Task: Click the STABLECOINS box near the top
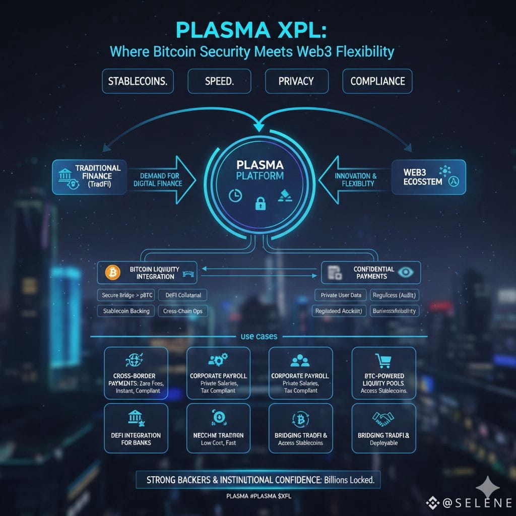[x=138, y=81]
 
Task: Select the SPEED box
[x=219, y=81]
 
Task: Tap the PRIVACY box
[x=296, y=81]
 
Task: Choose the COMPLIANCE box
[x=377, y=81]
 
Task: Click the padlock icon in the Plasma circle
[x=260, y=203]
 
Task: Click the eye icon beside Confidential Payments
[x=405, y=272]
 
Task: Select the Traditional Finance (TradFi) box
[x=89, y=177]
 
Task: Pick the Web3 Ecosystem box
[x=428, y=177]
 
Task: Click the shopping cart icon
[x=383, y=361]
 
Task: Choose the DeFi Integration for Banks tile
[x=136, y=428]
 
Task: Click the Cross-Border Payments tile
[x=136, y=373]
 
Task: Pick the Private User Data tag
[x=340, y=295]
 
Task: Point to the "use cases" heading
[x=259, y=336]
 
